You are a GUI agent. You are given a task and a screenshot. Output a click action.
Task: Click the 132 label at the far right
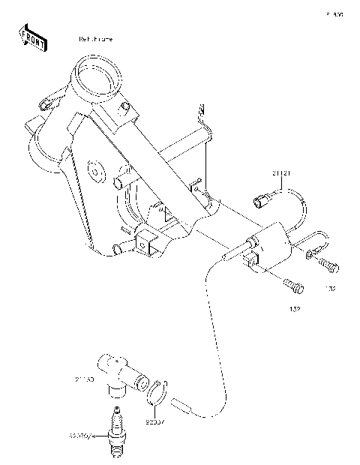coord(331,287)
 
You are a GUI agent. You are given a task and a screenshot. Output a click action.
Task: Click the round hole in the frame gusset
coord(95,172)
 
